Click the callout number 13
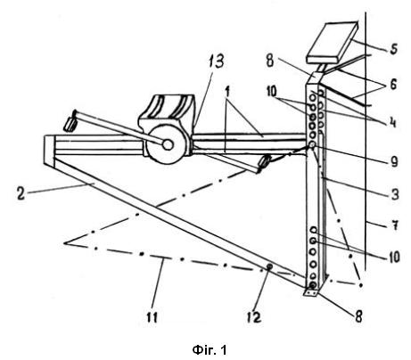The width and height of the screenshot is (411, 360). [x=216, y=61]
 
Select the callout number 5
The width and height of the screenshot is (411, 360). [x=393, y=48]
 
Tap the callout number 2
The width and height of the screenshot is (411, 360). [x=21, y=193]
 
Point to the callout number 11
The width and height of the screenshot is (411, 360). [x=152, y=317]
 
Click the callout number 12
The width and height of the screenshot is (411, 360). [x=254, y=317]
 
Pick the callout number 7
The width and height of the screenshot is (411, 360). [x=394, y=225]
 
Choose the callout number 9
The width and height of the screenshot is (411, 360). [x=394, y=161]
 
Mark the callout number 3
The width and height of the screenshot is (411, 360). [x=394, y=194]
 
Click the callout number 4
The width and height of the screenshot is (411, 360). [x=393, y=122]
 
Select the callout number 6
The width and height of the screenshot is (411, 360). [x=393, y=85]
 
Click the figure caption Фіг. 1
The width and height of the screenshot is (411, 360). [x=210, y=350]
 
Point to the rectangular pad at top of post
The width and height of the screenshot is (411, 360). [x=332, y=43]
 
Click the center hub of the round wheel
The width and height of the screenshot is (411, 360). [x=168, y=144]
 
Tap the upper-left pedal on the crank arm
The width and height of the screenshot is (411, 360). [x=70, y=123]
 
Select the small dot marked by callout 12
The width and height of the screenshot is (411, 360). [x=269, y=267]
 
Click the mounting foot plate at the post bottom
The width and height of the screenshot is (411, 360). [x=311, y=292]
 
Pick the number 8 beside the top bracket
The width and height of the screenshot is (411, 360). [x=270, y=61]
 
